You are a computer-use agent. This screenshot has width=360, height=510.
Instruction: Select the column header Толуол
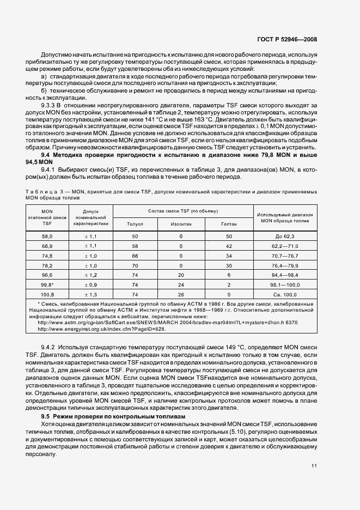(x=135, y=223)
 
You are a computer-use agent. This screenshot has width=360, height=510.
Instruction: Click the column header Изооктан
(x=180, y=223)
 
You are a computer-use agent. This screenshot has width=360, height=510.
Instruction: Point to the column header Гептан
(x=229, y=223)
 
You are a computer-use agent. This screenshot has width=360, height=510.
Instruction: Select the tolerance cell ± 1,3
(x=89, y=295)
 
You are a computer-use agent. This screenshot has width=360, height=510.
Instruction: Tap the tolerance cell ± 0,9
(x=89, y=285)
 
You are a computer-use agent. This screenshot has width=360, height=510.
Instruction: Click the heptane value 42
(x=229, y=246)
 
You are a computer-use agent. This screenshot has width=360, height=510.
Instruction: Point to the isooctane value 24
(x=180, y=285)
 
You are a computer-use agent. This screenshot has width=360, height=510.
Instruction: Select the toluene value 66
(x=135, y=256)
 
